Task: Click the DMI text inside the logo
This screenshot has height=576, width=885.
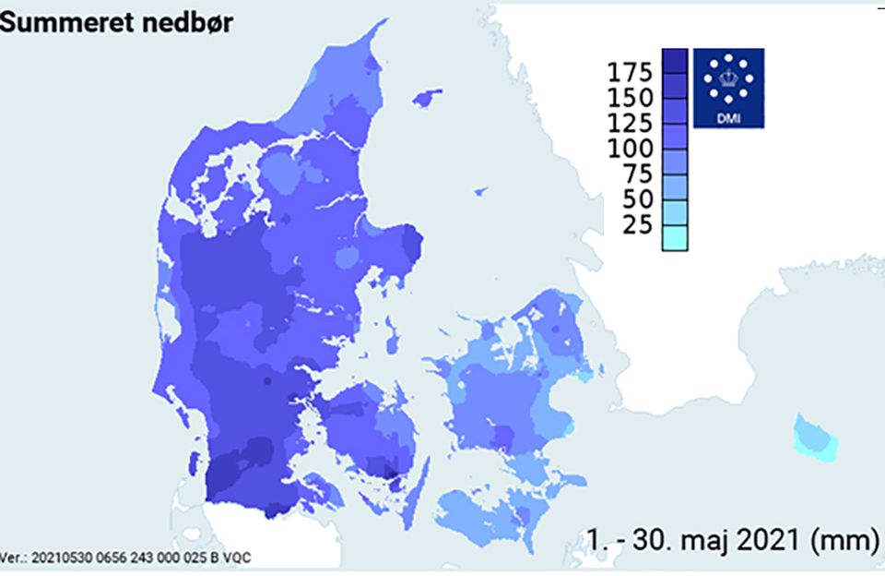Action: point(728,117)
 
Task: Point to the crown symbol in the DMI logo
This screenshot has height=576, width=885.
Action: point(728,79)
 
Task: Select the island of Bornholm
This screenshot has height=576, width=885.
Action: point(816,438)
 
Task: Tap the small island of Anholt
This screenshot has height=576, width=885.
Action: point(480,192)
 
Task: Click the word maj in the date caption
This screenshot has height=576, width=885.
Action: point(694,541)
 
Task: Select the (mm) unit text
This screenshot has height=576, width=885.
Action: point(843,541)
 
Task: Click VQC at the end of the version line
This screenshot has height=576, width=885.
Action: point(237,558)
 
